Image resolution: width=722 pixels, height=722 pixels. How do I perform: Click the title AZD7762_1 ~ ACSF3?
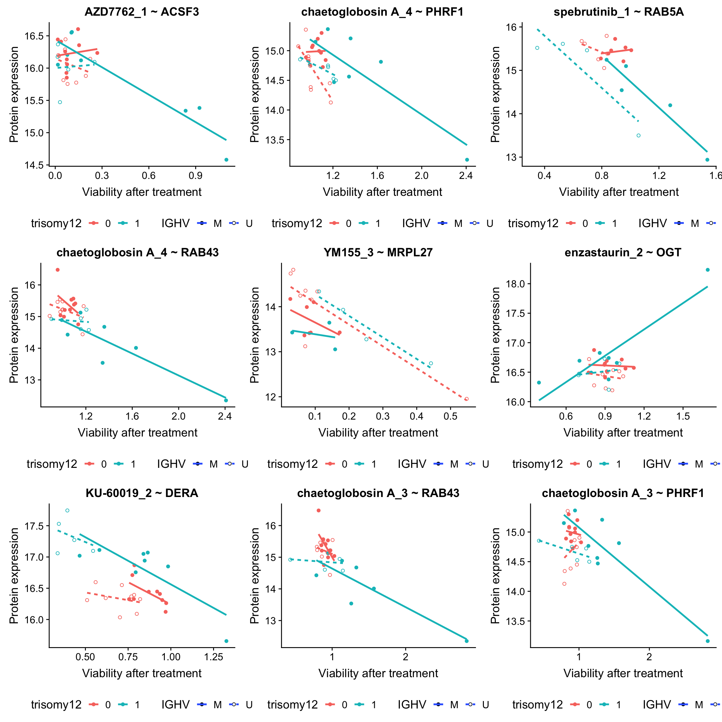[x=142, y=12]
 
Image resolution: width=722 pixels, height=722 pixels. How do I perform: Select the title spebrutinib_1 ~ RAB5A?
[x=619, y=12]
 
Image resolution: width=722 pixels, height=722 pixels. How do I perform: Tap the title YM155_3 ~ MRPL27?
[x=378, y=253]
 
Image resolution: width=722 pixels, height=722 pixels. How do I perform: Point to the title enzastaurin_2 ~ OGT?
[x=623, y=253]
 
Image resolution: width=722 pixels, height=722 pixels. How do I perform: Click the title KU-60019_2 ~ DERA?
[x=142, y=493]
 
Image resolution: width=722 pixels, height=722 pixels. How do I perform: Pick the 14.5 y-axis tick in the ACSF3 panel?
[x=34, y=165]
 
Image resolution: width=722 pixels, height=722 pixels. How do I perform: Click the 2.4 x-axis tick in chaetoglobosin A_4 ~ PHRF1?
[x=466, y=175]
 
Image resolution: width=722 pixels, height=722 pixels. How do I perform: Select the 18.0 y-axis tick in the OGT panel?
[x=515, y=284]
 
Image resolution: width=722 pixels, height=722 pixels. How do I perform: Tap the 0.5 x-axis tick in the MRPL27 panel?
[x=450, y=416]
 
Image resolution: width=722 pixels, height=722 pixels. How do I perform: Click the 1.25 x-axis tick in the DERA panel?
[x=213, y=657]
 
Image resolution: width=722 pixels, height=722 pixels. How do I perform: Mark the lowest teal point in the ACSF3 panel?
[x=226, y=160]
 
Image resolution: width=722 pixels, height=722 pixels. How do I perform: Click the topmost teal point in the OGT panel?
[x=707, y=270]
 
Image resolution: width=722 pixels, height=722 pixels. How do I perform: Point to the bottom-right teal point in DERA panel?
[x=226, y=641]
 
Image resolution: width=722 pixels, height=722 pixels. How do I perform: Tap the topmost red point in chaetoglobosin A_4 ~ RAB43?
[x=58, y=270]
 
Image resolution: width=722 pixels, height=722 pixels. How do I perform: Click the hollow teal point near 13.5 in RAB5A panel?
[x=638, y=135]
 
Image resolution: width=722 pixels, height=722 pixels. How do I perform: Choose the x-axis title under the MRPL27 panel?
[x=378, y=433]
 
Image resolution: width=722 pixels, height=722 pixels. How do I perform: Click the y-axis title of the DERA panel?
[x=14, y=576]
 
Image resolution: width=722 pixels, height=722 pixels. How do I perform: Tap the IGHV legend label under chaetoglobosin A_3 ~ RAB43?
[x=411, y=705]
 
